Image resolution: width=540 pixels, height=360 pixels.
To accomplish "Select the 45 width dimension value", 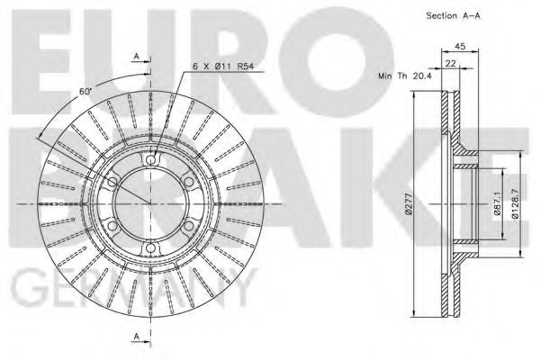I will (459, 48).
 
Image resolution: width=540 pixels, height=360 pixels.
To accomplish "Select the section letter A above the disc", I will (137, 57).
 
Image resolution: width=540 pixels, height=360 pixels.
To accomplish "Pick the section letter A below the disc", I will (137, 337).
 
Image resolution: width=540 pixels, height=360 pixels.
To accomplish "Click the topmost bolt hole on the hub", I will (149, 161).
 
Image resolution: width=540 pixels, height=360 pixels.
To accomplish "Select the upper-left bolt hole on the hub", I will (112, 183).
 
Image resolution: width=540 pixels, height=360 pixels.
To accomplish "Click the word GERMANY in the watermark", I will (126, 292).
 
